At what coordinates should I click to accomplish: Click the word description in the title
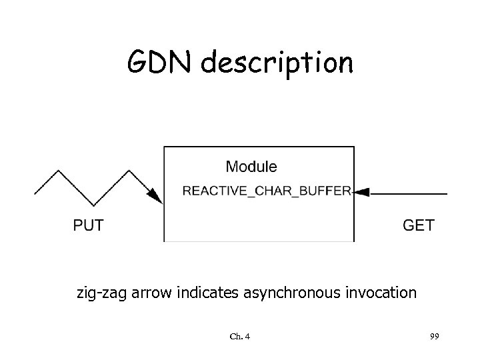pos(279,64)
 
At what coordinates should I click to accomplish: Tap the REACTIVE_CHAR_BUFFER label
pos(267,191)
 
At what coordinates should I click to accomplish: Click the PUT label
pos(88,225)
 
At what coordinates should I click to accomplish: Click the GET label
pos(419,225)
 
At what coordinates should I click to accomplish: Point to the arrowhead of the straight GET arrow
pos(361,193)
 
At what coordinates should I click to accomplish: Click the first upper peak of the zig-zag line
pos(62,171)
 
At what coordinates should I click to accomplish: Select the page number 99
pos(434,337)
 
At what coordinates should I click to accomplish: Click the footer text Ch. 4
pos(239,337)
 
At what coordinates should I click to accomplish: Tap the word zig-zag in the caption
pos(97,293)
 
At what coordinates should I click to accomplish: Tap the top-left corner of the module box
pos(165,147)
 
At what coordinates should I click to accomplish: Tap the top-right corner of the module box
pos(354,147)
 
